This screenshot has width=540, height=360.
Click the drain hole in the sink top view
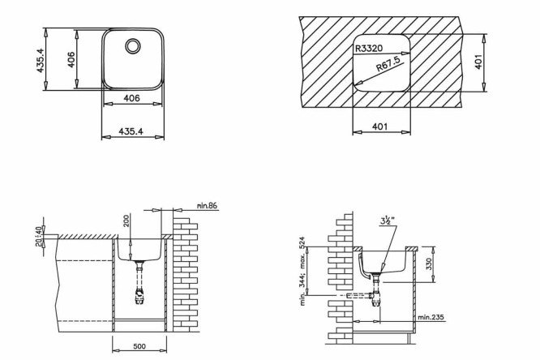(x=133, y=46)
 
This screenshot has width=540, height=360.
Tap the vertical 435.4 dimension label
(x=41, y=60)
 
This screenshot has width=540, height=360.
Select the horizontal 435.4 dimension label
(x=131, y=131)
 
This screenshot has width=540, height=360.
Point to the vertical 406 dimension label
(x=71, y=59)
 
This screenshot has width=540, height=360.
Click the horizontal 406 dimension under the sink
(x=131, y=98)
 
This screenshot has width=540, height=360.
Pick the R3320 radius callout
(x=369, y=48)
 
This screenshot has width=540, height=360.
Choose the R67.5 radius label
(x=388, y=64)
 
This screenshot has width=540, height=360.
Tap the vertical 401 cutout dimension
(x=478, y=62)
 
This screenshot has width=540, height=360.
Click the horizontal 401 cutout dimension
(x=379, y=126)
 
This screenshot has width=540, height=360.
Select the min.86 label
(x=207, y=206)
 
